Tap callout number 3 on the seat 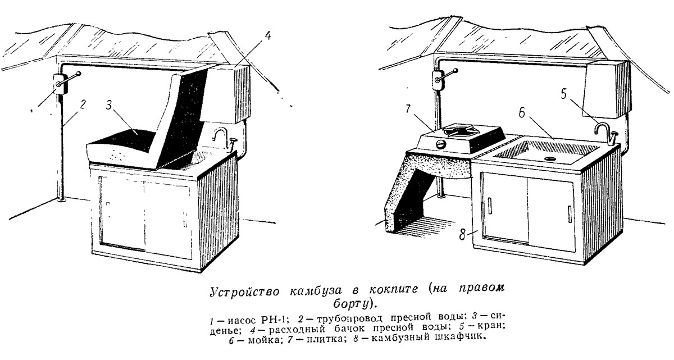(x=108, y=104)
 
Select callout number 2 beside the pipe (x=83, y=104)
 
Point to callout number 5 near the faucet (x=563, y=94)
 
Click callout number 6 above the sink (x=522, y=112)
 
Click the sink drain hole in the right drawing (x=549, y=158)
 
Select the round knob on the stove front (x=441, y=144)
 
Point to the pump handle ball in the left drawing (x=79, y=73)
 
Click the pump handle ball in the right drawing (x=456, y=71)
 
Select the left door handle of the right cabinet (x=490, y=206)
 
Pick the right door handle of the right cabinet (x=570, y=214)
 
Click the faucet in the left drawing (x=220, y=134)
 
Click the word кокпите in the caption (x=394, y=289)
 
